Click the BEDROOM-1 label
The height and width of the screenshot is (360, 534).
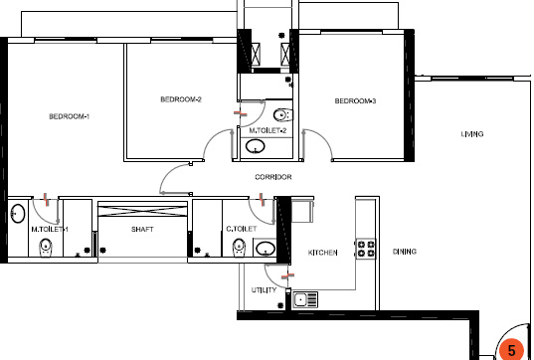click(x=70, y=117)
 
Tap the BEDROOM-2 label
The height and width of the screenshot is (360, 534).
click(x=181, y=99)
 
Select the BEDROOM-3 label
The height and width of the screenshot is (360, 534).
click(x=355, y=100)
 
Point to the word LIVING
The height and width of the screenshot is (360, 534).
click(x=472, y=134)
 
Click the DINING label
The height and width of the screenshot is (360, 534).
click(x=405, y=252)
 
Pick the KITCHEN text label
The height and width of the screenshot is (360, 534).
click(x=323, y=253)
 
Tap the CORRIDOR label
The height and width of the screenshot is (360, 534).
click(x=272, y=176)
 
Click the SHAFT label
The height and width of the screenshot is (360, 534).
click(x=142, y=230)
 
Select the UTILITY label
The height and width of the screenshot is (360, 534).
click(x=264, y=290)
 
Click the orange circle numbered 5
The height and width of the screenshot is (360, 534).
click(x=511, y=350)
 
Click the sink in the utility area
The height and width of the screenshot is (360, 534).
click(x=305, y=297)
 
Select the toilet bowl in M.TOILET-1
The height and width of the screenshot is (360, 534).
click(x=45, y=250)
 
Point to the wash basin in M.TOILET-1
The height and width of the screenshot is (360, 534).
click(x=18, y=213)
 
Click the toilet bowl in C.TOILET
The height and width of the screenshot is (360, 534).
click(x=240, y=251)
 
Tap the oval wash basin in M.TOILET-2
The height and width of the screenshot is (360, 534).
click(x=257, y=148)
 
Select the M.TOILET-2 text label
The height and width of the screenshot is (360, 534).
click(x=267, y=131)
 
